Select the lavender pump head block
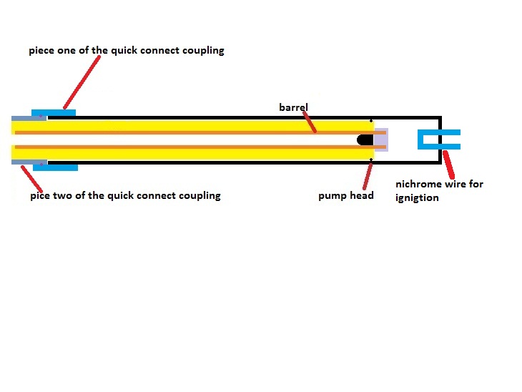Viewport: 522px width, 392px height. [381, 139]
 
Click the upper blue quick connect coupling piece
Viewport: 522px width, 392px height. [54, 112]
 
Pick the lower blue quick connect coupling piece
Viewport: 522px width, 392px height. [55, 167]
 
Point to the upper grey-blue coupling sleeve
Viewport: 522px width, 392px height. [21, 117]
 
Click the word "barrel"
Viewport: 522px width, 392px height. [293, 107]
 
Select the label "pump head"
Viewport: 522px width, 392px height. [346, 195]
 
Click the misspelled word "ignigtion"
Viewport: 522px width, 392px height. [417, 197]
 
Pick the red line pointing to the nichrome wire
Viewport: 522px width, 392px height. [448, 165]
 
